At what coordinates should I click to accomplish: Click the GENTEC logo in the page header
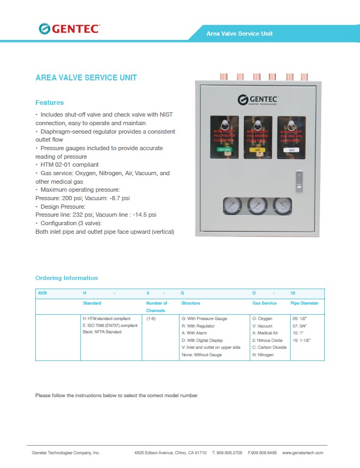tap(69, 29)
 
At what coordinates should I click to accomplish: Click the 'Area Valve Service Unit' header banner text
tap(240, 34)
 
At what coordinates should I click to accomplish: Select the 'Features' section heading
tap(50, 102)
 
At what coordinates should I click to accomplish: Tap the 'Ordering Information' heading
tap(67, 278)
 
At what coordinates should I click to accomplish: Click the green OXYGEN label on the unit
tap(225, 150)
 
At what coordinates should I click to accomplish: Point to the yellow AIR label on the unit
tap(258, 150)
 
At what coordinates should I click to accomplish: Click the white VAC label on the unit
tap(291, 150)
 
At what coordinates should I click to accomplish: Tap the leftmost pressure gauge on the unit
tap(232, 205)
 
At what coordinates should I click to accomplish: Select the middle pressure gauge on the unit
tap(258, 205)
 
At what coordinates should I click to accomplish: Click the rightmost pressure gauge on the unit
tap(283, 205)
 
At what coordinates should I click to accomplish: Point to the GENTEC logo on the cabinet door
tap(258, 100)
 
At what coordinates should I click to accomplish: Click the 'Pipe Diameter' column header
tap(304, 303)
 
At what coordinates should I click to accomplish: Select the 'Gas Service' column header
tap(264, 303)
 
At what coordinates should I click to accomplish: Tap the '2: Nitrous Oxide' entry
tap(267, 340)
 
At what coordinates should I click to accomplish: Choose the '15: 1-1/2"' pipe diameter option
tap(301, 340)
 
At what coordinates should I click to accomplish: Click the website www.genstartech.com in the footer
tap(302, 453)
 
